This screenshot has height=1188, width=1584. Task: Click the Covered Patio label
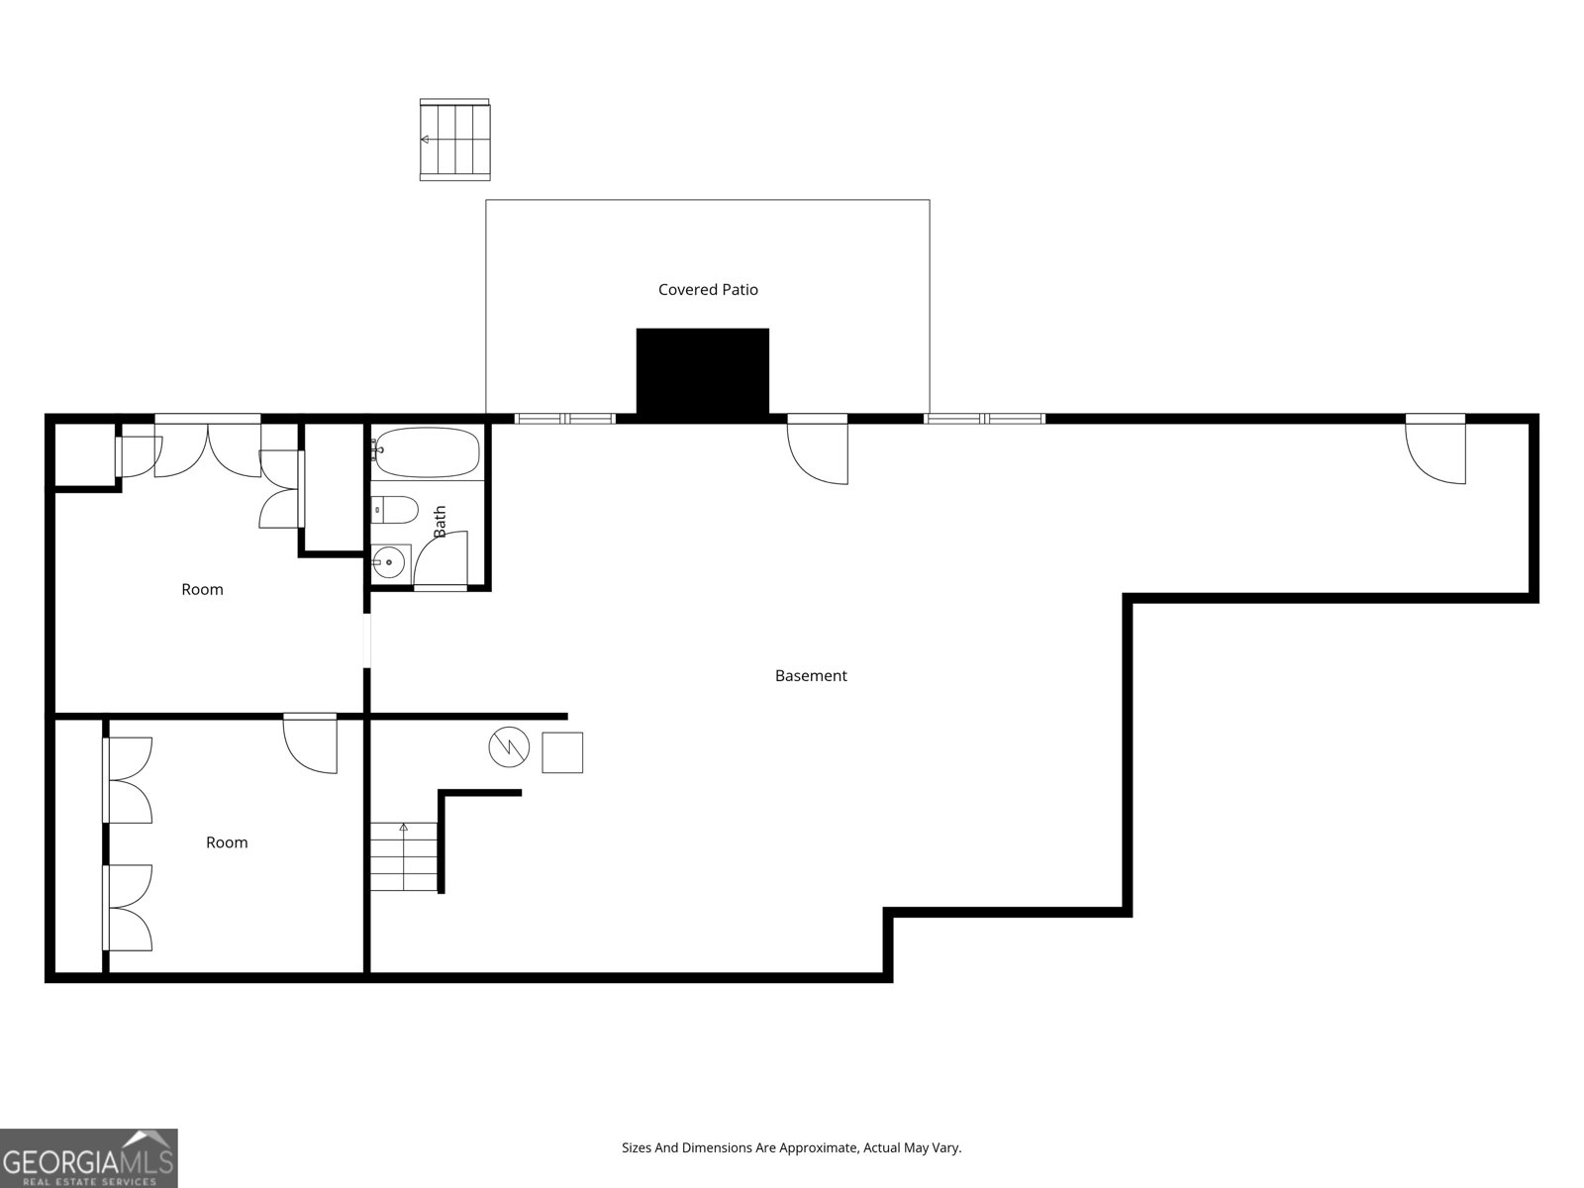tap(708, 289)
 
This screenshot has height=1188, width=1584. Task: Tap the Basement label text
tap(811, 676)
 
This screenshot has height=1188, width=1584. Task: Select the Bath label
tap(440, 522)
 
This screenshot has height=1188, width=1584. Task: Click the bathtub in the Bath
tap(427, 453)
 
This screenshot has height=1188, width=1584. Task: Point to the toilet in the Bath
tap(395, 510)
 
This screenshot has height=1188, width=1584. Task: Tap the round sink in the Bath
tap(389, 561)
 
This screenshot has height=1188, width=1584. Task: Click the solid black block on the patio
tap(702, 371)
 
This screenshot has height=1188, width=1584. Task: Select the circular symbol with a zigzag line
tap(509, 748)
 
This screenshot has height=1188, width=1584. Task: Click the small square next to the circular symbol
tap(562, 752)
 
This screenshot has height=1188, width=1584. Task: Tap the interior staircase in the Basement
tap(404, 856)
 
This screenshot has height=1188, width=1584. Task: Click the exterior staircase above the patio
tap(454, 140)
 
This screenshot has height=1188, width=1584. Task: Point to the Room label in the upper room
tap(202, 589)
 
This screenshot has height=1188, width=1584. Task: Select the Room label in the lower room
tap(227, 842)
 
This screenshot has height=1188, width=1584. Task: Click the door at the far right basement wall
tap(1437, 450)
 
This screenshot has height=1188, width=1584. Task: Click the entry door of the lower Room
tap(311, 742)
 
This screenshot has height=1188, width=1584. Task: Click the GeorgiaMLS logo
tap(88, 1158)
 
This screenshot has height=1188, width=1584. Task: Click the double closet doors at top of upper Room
tap(208, 447)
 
